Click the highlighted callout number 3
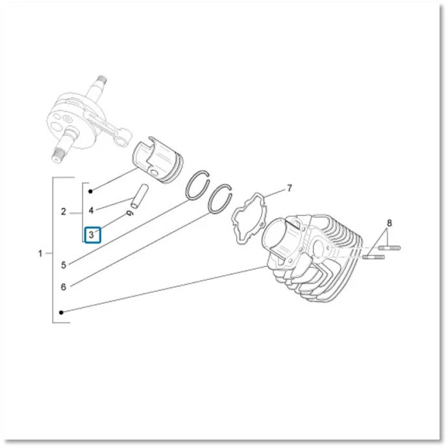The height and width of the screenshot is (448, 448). [91, 235]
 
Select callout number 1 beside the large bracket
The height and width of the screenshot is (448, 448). [40, 253]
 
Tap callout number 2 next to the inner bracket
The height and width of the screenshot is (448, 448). [64, 212]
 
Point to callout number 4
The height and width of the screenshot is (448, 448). [91, 210]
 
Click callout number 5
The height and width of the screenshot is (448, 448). [64, 265]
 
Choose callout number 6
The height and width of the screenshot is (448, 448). [64, 287]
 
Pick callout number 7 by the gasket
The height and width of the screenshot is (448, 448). [290, 188]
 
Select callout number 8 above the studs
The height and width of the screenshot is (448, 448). [390, 223]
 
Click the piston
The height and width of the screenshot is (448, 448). [157, 160]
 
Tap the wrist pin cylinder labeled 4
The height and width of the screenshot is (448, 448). [140, 196]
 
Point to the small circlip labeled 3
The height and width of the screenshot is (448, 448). [129, 213]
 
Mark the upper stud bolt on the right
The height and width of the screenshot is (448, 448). [390, 248]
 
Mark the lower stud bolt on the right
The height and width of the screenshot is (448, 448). [374, 257]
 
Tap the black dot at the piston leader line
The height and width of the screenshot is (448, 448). [90, 191]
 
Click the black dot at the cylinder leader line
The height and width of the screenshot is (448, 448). [61, 312]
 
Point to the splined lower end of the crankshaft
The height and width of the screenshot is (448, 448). [57, 156]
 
